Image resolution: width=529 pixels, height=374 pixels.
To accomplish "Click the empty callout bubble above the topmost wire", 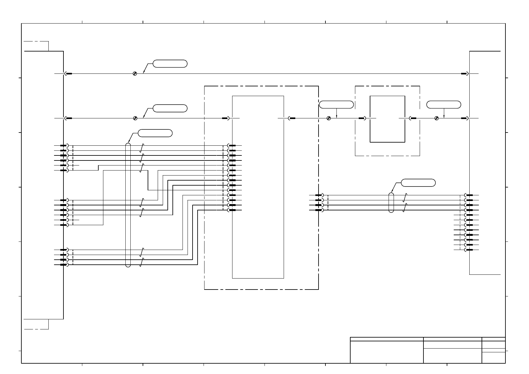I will tap(170, 63).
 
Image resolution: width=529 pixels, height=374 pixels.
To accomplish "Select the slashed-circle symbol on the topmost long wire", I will tap(135, 74).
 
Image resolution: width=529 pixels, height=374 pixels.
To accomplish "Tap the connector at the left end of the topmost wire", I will tap(68, 74).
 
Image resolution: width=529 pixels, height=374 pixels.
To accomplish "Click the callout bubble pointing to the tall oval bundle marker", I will tap(155, 133).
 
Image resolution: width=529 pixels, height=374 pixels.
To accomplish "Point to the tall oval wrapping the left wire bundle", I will tap(128, 205).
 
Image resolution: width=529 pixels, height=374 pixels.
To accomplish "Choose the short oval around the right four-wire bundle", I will tap(391, 203).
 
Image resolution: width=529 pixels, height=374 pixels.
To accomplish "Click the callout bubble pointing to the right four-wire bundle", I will tap(418, 183).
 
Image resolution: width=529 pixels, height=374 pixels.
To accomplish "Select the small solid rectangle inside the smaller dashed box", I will tap(387, 119).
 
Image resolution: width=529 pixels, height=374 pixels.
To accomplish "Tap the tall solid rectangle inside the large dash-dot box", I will tap(258, 187).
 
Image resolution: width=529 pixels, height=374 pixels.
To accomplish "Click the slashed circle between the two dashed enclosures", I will tap(329, 118).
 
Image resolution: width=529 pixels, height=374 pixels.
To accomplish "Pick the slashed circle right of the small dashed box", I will tap(436, 118).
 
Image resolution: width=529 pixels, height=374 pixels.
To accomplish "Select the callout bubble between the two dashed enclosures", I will tap(336, 105).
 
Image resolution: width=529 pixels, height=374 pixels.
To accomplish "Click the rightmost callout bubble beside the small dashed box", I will tap(444, 105).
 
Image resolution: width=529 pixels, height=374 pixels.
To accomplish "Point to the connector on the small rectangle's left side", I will tap(362, 118).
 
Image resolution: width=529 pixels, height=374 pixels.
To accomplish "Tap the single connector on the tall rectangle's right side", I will tap(291, 118).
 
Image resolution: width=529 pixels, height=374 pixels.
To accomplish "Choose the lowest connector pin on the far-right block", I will tap(469, 250).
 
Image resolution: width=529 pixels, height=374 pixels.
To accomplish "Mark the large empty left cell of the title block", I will tap(387, 352).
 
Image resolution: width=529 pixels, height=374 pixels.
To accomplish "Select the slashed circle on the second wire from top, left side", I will tap(135, 118).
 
